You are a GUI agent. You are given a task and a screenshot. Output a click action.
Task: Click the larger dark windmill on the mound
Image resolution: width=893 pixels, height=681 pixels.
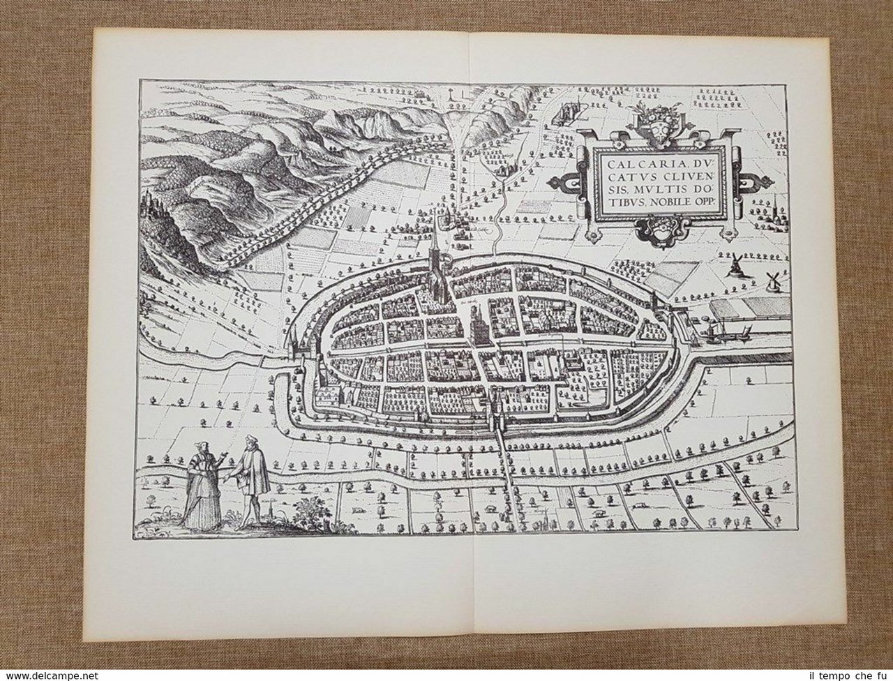(x=734, y=265)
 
